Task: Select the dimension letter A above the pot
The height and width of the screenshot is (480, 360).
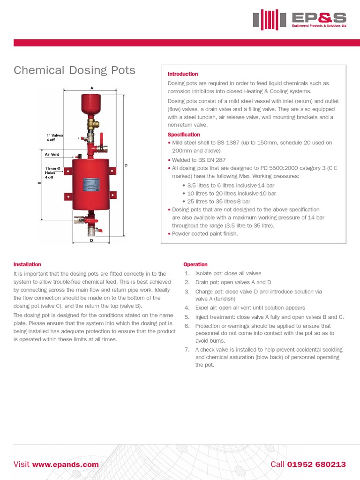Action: [x=92, y=88]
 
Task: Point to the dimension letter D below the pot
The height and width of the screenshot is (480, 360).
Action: [x=91, y=240]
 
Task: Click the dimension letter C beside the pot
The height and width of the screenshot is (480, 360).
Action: [x=125, y=165]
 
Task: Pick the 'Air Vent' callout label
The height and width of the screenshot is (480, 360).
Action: [x=52, y=154]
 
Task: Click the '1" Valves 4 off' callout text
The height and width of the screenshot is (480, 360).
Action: [x=54, y=137]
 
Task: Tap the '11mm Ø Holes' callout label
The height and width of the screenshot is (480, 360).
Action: [x=52, y=172]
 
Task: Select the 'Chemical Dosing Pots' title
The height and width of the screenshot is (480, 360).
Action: [x=75, y=70]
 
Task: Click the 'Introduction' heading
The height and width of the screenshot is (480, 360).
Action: [x=183, y=74]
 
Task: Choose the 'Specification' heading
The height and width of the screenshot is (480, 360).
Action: [x=184, y=135]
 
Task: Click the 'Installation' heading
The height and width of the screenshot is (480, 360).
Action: [x=27, y=264]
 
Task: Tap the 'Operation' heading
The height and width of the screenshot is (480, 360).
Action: [x=195, y=264]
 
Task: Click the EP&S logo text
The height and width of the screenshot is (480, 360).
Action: [x=318, y=18]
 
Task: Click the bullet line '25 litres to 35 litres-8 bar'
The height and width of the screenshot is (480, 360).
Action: [x=218, y=202]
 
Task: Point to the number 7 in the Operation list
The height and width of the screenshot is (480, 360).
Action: [x=186, y=350]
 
